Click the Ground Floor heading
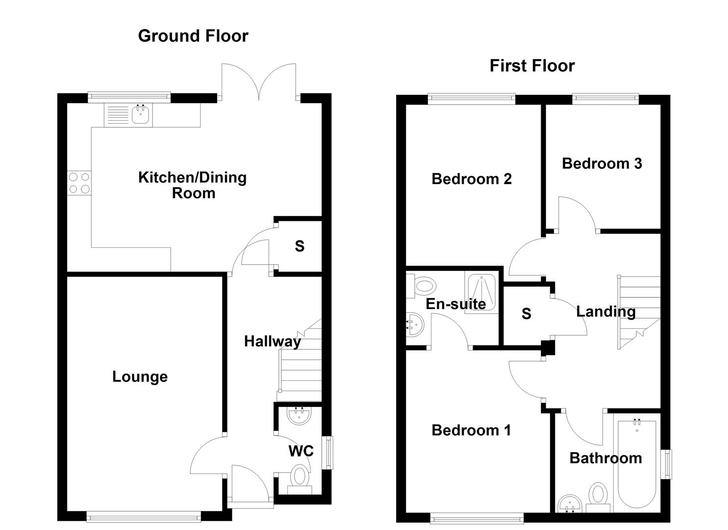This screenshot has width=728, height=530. pos(193,36)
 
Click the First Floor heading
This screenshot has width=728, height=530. pos(531,66)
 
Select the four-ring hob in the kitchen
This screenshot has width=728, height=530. pos(79,183)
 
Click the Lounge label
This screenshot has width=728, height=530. pos(140,377)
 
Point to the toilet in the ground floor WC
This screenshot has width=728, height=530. pos(300,477)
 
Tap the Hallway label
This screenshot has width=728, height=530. pos(272,342)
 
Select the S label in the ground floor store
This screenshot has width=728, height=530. pos(300,246)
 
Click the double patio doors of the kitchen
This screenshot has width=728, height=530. pos(259,81)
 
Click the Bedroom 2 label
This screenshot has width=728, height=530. pos(471,179)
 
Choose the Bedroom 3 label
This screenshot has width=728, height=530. pos(602,163)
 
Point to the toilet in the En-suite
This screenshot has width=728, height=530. pos(422,286)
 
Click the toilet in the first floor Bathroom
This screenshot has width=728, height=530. pos(598,494)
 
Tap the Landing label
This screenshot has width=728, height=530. pos(605,312)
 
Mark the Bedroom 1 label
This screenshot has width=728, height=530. pos(471,430)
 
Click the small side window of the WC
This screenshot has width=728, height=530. pos(329,452)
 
